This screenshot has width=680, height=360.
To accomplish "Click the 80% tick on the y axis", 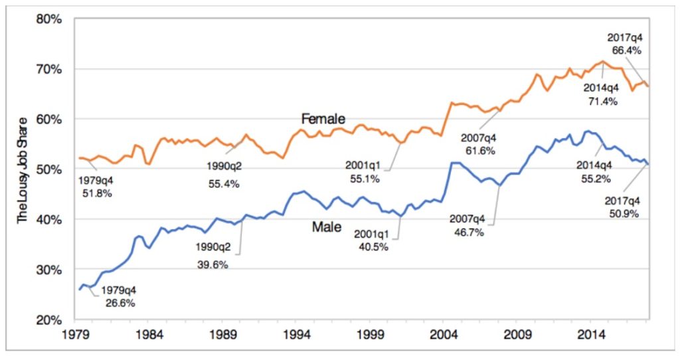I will point(50,19).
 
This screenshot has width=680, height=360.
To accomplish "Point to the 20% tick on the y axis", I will point(50,319).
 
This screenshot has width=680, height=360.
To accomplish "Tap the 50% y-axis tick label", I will point(50,169).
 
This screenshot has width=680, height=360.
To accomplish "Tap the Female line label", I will point(323,119).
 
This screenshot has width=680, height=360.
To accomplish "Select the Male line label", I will point(327,228).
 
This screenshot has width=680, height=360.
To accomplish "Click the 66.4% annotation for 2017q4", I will point(625,50).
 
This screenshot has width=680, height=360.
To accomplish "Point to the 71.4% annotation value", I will point(601,101).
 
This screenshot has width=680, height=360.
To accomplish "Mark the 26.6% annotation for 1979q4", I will point(119,303).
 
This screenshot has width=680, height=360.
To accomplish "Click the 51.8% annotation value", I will point(96,194).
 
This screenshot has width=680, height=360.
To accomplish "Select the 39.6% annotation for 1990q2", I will point(212,264).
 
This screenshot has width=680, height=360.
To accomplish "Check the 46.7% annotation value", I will point(467,232).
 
